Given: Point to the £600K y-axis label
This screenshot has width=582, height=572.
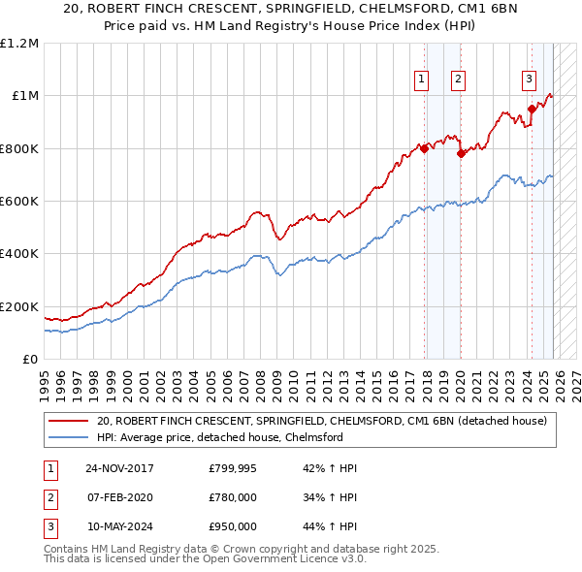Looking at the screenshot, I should point(19,202).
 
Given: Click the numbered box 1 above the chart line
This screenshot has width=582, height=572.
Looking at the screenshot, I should point(423,80).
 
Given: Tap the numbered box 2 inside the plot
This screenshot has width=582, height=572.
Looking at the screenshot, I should point(457,80).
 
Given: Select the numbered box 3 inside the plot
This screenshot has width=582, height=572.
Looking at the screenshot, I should point(529,80).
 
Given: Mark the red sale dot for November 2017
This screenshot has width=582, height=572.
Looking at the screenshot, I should point(425,148).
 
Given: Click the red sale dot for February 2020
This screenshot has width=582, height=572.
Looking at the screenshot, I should point(461,153).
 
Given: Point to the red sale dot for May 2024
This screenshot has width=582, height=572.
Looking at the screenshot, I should point(532,109).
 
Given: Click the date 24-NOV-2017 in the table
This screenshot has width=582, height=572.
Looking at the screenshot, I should point(119,468).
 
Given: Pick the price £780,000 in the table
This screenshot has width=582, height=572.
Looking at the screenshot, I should point(233,497).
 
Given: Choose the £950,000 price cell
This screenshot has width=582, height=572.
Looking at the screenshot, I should point(233,526).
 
